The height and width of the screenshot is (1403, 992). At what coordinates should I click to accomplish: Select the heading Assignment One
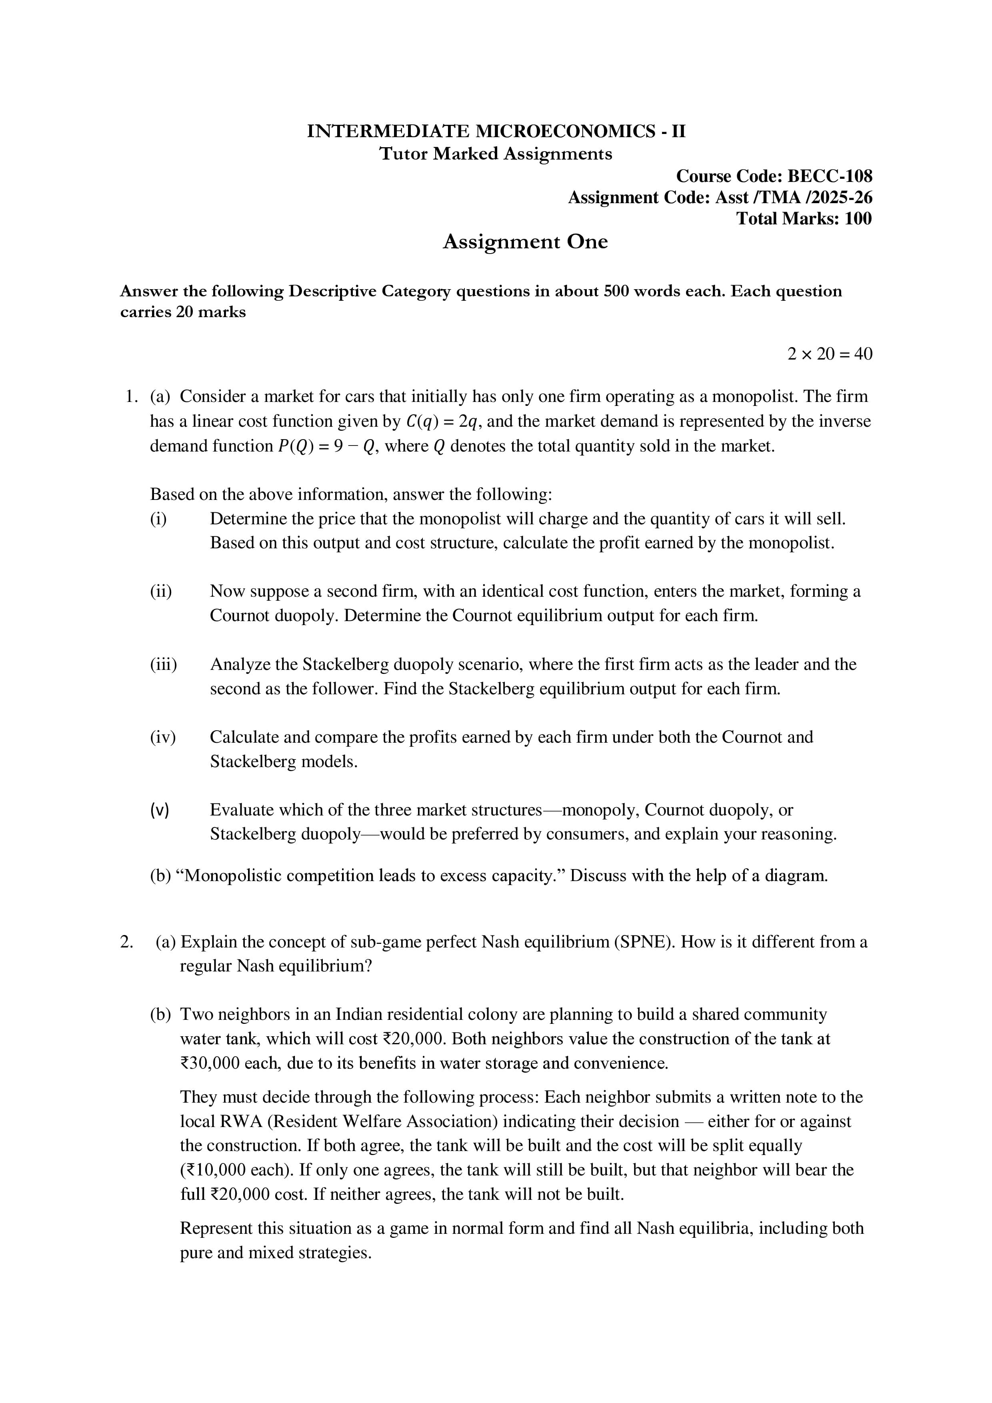[525, 242]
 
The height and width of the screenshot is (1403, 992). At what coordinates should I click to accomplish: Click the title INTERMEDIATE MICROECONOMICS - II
[496, 131]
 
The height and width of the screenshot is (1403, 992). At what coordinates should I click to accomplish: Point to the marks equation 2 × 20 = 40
[830, 354]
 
